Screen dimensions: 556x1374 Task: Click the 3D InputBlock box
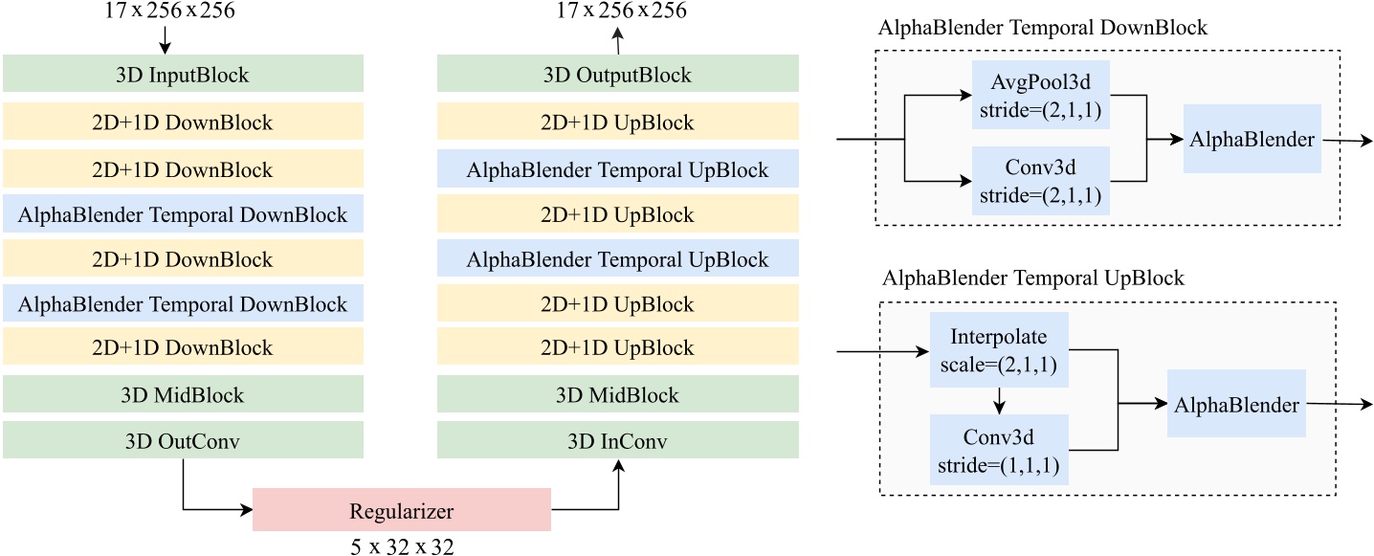coord(183,75)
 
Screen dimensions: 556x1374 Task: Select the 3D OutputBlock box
coord(618,75)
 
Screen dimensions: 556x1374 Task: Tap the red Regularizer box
coord(401,510)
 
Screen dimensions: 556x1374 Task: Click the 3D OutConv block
coord(183,441)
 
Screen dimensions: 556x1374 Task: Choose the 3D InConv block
coord(618,441)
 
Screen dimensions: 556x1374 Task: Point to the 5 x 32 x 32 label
coord(401,545)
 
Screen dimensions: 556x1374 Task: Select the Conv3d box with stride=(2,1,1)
coord(1040,179)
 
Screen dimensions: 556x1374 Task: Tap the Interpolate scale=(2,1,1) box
coord(998,352)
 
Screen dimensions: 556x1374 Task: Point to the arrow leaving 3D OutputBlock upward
coord(618,40)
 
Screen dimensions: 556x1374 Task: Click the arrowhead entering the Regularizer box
coord(246,510)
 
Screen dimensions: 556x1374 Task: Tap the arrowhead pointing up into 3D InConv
coord(618,466)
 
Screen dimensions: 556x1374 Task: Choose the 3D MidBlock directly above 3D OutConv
coord(183,395)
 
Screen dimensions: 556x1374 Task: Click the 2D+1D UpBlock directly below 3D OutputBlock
coord(618,122)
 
